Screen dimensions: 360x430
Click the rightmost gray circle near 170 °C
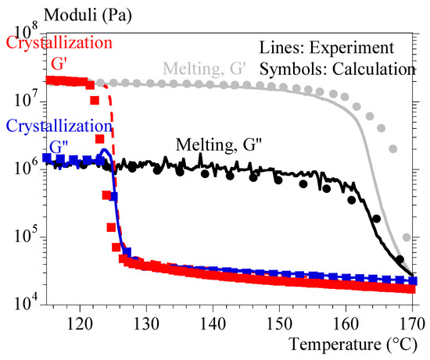coord(407,237)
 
